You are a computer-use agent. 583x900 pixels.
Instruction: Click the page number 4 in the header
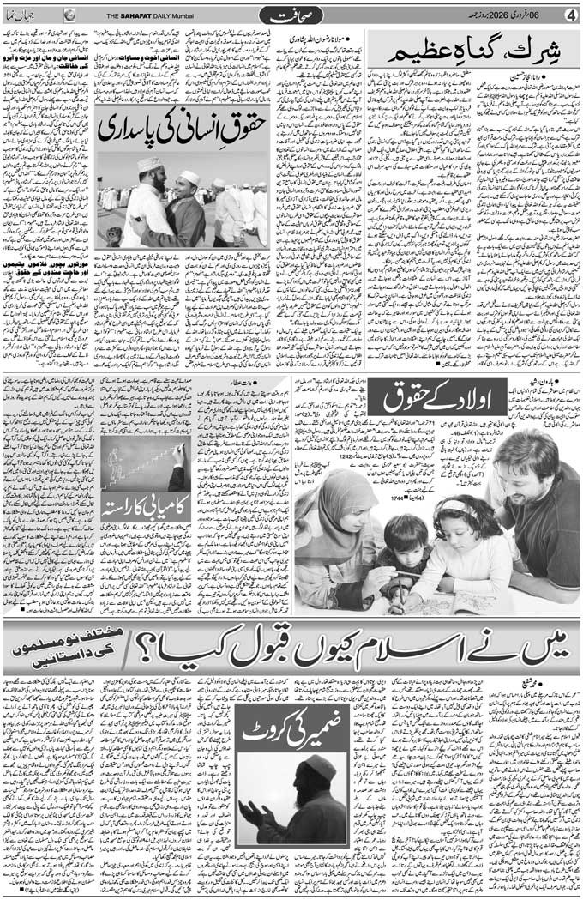570,15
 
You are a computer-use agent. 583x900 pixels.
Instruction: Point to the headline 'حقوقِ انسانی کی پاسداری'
183,129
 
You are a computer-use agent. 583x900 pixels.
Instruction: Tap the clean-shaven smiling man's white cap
190,178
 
